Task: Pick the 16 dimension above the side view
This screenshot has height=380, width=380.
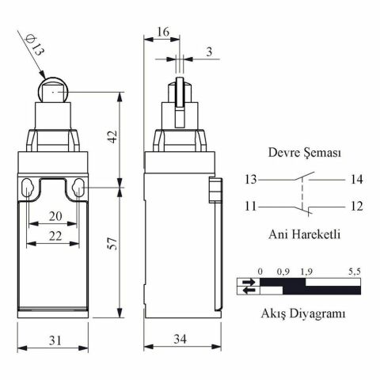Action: pos(162,32)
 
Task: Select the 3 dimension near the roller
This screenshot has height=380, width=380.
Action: pos(207,51)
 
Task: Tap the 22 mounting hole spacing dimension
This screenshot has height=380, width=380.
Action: pos(53,236)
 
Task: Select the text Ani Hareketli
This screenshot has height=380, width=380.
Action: pos(304,234)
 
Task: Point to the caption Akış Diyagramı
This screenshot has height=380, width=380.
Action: pos(303,313)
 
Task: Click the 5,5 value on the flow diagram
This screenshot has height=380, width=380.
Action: pos(354,272)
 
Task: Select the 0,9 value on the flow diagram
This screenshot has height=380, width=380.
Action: pos(283,272)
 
